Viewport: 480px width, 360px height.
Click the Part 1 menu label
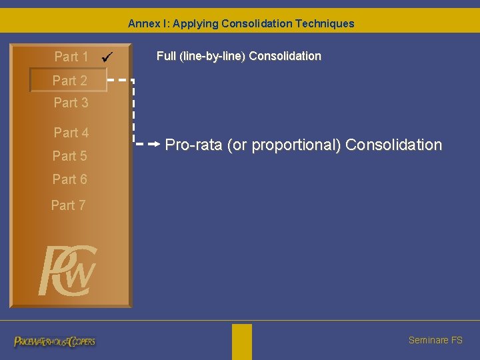pos(71,57)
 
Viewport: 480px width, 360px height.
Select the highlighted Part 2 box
pos(67,80)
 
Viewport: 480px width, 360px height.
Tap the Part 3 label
pos(71,103)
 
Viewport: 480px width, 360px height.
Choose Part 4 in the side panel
pos(71,133)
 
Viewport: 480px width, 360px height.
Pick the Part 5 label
pos(69,156)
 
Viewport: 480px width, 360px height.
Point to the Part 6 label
pos(69,179)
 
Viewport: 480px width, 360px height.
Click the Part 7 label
pos(68,205)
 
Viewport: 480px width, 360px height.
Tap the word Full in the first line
pos(166,56)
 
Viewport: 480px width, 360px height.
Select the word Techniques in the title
pos(327,24)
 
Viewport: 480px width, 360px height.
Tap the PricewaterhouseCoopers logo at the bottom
pos(55,341)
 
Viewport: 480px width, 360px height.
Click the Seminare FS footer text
pos(435,340)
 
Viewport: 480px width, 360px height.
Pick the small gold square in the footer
pos(242,341)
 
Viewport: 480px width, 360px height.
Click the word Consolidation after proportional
pos(393,145)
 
